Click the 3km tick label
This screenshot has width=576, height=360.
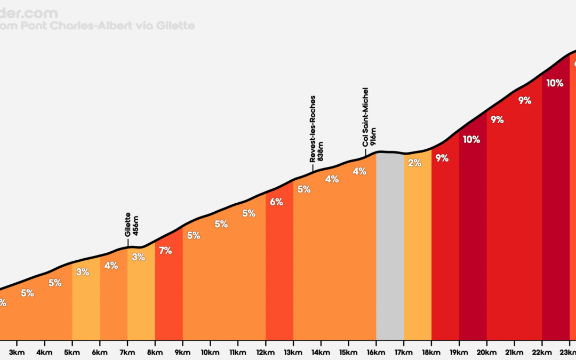[17, 351]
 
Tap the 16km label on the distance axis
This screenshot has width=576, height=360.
[376, 351]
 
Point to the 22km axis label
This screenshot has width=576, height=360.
[542, 351]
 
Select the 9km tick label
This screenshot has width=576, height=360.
[182, 351]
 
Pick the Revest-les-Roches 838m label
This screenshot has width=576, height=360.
[316, 129]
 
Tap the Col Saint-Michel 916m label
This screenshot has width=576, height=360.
[369, 117]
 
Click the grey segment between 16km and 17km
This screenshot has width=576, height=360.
[390, 245]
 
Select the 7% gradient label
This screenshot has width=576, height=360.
[165, 250]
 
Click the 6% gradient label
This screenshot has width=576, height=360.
[276, 202]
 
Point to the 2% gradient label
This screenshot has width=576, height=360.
[414, 163]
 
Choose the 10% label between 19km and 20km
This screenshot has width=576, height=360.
[471, 140]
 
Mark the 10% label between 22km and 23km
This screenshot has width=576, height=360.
[555, 83]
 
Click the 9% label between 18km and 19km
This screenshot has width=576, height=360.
[442, 158]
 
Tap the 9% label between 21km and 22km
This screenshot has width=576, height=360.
[525, 100]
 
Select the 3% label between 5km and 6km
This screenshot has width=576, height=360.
[83, 272]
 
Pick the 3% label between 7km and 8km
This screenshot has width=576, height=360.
[138, 257]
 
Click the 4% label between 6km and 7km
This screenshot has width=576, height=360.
[111, 265]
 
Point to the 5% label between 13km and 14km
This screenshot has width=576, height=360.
[304, 189]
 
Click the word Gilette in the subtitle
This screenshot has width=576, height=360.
[176, 26]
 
